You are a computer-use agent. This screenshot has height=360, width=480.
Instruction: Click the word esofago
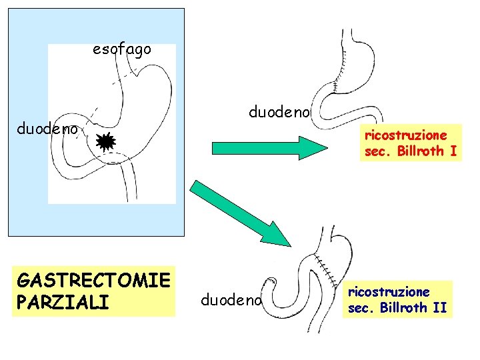(x=122, y=49)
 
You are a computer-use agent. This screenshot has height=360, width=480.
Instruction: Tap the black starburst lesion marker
(x=105, y=142)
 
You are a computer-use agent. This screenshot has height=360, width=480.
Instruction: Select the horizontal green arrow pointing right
(x=266, y=147)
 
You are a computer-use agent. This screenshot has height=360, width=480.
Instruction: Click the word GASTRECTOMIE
(x=94, y=279)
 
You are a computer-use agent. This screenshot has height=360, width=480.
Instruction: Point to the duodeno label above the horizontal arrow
(x=279, y=113)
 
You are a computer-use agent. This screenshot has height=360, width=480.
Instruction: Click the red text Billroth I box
(x=411, y=143)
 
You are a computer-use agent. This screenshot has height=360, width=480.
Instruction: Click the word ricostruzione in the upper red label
(x=405, y=135)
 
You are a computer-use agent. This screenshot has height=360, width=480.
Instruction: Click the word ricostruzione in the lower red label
(x=389, y=292)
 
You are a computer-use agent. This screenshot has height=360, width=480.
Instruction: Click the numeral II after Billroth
(x=440, y=308)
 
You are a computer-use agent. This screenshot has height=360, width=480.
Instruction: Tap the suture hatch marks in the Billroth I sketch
(x=338, y=77)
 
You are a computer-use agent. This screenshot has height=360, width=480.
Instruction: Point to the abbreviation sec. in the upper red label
(x=379, y=151)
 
